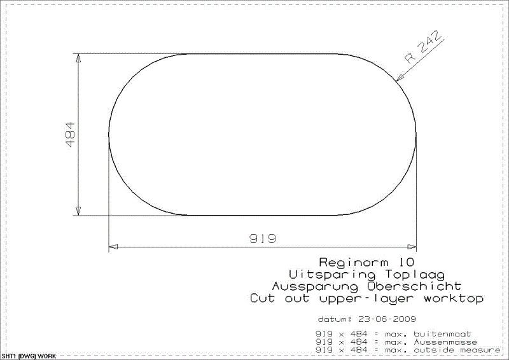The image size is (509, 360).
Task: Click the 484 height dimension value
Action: point(70,134)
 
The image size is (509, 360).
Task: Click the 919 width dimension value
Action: point(262,239)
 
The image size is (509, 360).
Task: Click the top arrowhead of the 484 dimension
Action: point(78,58)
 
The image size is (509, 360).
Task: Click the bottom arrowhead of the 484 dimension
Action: point(78,211)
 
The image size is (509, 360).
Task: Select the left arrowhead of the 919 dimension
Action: point(113,246)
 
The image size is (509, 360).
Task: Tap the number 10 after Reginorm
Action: point(408,262)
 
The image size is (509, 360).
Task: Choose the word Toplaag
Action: point(390,274)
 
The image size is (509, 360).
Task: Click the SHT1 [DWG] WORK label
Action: point(29,356)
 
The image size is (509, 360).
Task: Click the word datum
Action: point(332,319)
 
